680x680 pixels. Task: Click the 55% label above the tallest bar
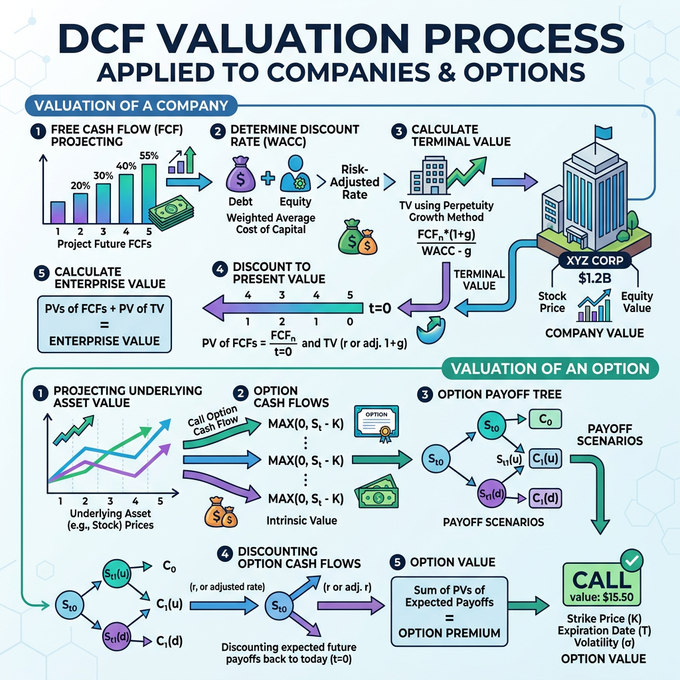pos(149,155)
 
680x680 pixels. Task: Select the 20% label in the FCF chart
pos(80,186)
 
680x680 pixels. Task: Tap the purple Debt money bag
pos(240,175)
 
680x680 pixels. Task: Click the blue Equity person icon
pos(296,174)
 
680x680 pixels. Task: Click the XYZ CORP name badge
pos(594,260)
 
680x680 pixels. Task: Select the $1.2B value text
pos(594,278)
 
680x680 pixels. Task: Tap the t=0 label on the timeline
pos(380,308)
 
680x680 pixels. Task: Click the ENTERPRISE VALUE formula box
pos(104,324)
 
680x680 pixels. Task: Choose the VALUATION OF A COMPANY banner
pos(131,106)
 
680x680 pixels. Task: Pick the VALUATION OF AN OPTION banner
pos(550,369)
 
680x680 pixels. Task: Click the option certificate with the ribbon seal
pos(377,424)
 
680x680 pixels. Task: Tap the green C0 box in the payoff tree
pos(545,420)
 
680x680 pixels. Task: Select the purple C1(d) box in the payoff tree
pos(545,498)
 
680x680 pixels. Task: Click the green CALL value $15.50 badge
pos(602,584)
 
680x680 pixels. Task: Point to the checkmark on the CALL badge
pos(632,560)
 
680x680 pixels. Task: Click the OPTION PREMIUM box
pos(450,612)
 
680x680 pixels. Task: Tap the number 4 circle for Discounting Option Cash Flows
pos(224,554)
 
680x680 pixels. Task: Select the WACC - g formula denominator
pos(446,250)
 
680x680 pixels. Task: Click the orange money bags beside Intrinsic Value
pos(220,512)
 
